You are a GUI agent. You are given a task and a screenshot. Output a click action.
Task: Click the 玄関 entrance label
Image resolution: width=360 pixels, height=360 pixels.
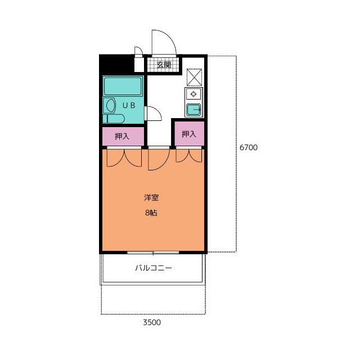point(164,65)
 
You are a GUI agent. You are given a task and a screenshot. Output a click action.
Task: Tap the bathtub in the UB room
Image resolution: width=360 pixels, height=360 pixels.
point(123,86)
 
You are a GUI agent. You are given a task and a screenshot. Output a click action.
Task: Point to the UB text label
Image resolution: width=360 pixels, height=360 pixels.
point(129,105)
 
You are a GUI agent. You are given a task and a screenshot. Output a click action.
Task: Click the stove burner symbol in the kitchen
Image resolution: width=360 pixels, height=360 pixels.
point(193,94)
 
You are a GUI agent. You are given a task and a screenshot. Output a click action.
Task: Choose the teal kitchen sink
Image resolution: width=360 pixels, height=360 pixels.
point(193,110)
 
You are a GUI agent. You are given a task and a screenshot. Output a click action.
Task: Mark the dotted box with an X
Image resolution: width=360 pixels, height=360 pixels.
point(194,78)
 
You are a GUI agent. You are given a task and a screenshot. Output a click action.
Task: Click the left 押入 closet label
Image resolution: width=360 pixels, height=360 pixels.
point(122,136)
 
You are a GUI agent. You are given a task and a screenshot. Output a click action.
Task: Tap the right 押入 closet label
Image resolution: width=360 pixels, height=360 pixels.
point(189,134)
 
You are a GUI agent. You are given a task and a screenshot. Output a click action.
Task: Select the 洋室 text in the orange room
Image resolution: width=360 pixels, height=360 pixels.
point(151,197)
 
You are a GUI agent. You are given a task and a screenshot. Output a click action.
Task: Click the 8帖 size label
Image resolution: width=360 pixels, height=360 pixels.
point(151,213)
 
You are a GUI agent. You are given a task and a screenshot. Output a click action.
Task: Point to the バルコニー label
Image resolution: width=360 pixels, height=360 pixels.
point(154,268)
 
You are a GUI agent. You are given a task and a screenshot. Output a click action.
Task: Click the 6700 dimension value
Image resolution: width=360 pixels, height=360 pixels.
point(249,147)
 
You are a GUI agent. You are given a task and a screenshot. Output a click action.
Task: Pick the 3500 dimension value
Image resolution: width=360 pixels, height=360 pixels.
point(152,322)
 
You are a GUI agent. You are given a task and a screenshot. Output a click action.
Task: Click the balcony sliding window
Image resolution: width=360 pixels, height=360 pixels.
point(153,253)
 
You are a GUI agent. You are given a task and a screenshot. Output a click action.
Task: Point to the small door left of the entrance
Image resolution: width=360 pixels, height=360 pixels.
point(139,52)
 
